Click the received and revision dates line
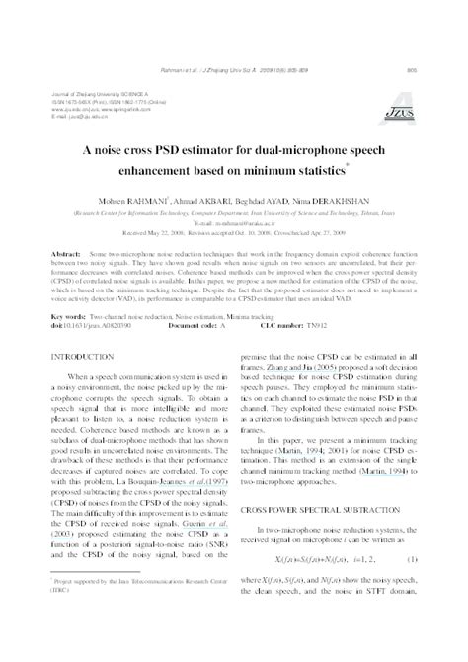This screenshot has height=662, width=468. pos(233,232)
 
